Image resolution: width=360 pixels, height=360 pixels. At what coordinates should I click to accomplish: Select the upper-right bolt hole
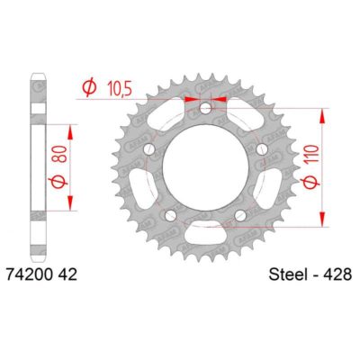260,148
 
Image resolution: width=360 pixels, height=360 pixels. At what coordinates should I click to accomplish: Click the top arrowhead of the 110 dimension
322,115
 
